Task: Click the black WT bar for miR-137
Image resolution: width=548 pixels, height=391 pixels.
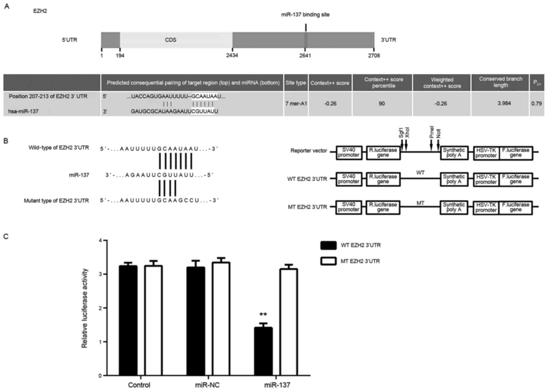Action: (263, 351)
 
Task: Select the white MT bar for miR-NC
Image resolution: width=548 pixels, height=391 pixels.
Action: (221, 318)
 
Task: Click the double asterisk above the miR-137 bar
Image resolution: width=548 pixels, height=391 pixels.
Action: (263, 315)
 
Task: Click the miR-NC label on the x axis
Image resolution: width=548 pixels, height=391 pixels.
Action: (207, 385)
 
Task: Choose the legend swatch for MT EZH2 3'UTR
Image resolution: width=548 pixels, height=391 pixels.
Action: (328, 261)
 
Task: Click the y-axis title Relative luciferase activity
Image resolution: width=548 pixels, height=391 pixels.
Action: (85, 308)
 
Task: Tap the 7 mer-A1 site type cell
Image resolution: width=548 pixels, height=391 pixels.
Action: (296, 103)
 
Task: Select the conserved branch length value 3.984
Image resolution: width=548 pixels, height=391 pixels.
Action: (504, 103)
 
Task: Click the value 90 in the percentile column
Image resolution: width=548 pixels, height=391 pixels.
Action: (382, 103)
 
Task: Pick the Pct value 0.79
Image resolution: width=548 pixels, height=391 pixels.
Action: (536, 103)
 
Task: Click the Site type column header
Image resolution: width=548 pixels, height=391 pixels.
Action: (296, 83)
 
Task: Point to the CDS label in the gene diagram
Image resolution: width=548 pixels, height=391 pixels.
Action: (170, 40)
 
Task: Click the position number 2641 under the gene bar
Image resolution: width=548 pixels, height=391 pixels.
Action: (305, 56)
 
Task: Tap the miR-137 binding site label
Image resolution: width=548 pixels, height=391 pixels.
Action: (305, 15)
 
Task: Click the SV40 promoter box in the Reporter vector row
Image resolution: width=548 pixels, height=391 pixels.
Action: (349, 153)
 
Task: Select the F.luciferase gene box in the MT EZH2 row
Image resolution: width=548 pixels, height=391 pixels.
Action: (515, 207)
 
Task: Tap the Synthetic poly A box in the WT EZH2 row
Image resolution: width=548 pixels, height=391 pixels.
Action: (454, 179)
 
